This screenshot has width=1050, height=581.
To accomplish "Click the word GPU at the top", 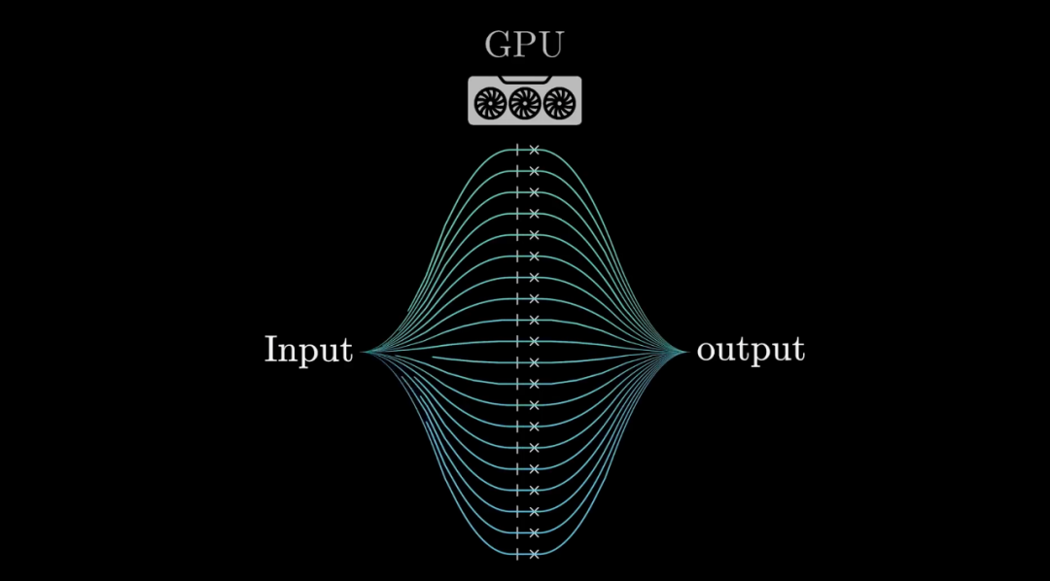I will pos(524,45).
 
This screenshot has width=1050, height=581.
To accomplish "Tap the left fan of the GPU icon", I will pos(489,101).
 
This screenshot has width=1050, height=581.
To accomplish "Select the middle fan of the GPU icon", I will pos(524,101).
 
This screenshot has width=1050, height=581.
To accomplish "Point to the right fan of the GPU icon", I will pos(559,101).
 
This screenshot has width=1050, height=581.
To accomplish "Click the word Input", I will pos(308,350).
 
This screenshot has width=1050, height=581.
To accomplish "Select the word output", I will pos(751,350).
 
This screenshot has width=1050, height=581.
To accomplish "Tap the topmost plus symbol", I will pos(517,150).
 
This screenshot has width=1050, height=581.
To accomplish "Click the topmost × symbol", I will pos(534,151).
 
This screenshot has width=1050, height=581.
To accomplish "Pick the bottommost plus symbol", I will pos(517,554).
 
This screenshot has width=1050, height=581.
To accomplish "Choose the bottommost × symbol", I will pos(534,554).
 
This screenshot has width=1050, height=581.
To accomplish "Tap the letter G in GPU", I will pos(498,45).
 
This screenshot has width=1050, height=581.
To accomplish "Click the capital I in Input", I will pos(270,349).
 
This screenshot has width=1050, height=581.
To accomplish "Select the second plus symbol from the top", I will pos(517,171).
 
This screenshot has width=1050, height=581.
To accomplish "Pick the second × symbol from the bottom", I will pos(534,532).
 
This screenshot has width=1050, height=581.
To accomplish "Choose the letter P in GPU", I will pos(524,45).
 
